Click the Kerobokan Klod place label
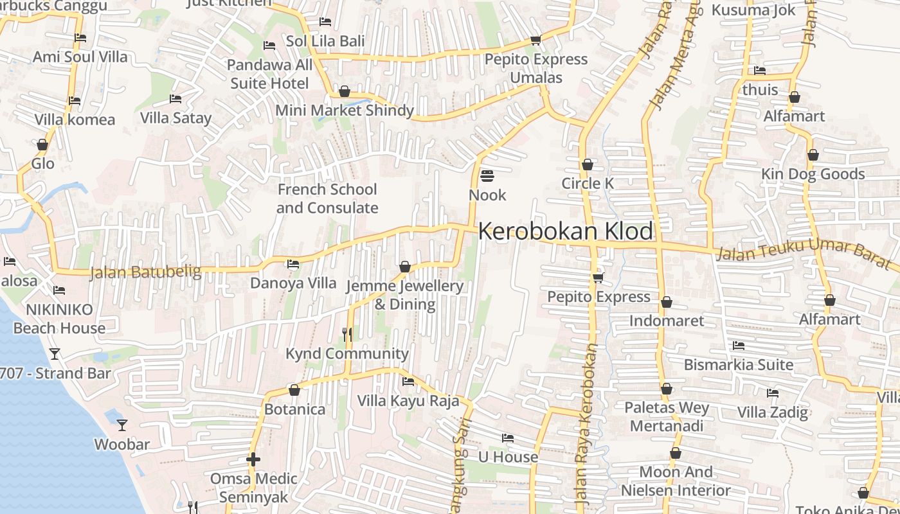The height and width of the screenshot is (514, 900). click(x=565, y=231)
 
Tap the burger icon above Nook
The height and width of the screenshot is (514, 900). click(x=487, y=175)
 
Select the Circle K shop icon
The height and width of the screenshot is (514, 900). click(x=587, y=164)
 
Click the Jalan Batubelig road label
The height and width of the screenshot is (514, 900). click(x=145, y=272)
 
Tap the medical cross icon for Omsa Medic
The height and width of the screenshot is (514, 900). click(x=253, y=459)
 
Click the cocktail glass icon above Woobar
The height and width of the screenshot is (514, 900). click(x=122, y=425)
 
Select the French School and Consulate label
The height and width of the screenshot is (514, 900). click(x=327, y=199)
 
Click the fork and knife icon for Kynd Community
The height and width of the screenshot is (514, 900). click(x=347, y=334)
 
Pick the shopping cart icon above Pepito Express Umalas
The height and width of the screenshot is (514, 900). click(x=535, y=40)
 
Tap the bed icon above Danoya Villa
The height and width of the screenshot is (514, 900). click(x=292, y=263)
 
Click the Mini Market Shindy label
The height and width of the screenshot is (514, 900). click(x=345, y=111)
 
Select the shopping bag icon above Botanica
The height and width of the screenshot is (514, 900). click(x=294, y=389)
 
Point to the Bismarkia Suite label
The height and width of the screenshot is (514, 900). click(x=738, y=364)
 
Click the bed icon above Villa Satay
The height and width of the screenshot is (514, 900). click(x=175, y=98)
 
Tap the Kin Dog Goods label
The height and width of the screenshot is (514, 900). click(x=813, y=174)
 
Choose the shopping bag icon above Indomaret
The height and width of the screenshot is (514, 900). click(x=666, y=301)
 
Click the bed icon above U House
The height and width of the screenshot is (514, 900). click(x=508, y=438)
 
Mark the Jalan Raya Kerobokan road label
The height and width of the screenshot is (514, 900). click(x=585, y=424)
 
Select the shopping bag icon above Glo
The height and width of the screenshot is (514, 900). click(x=42, y=145)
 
